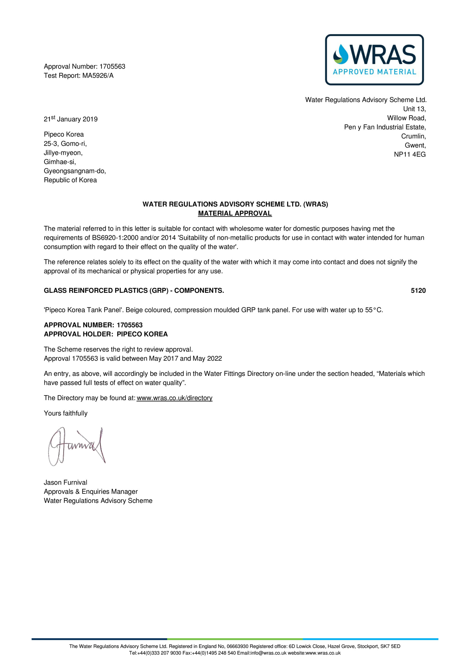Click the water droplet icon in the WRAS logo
tap(341, 54)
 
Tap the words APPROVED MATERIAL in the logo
tap(374, 72)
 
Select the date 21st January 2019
tap(70, 119)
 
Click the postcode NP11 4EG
tap(409, 154)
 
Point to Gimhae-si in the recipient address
tap(60, 162)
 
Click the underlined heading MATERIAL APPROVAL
tap(235, 213)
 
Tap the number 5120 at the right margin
tap(418, 290)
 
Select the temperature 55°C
tap(374, 310)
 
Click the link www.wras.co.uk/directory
tap(174, 398)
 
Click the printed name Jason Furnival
tap(65, 482)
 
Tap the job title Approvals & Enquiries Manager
tap(91, 491)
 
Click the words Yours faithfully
tap(66, 413)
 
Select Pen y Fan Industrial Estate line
tap(385, 127)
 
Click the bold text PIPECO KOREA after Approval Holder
tap(142, 334)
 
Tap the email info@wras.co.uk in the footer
tap(268, 653)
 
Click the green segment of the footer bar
tap(235, 639)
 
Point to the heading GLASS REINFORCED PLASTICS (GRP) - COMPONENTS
tap(134, 290)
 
